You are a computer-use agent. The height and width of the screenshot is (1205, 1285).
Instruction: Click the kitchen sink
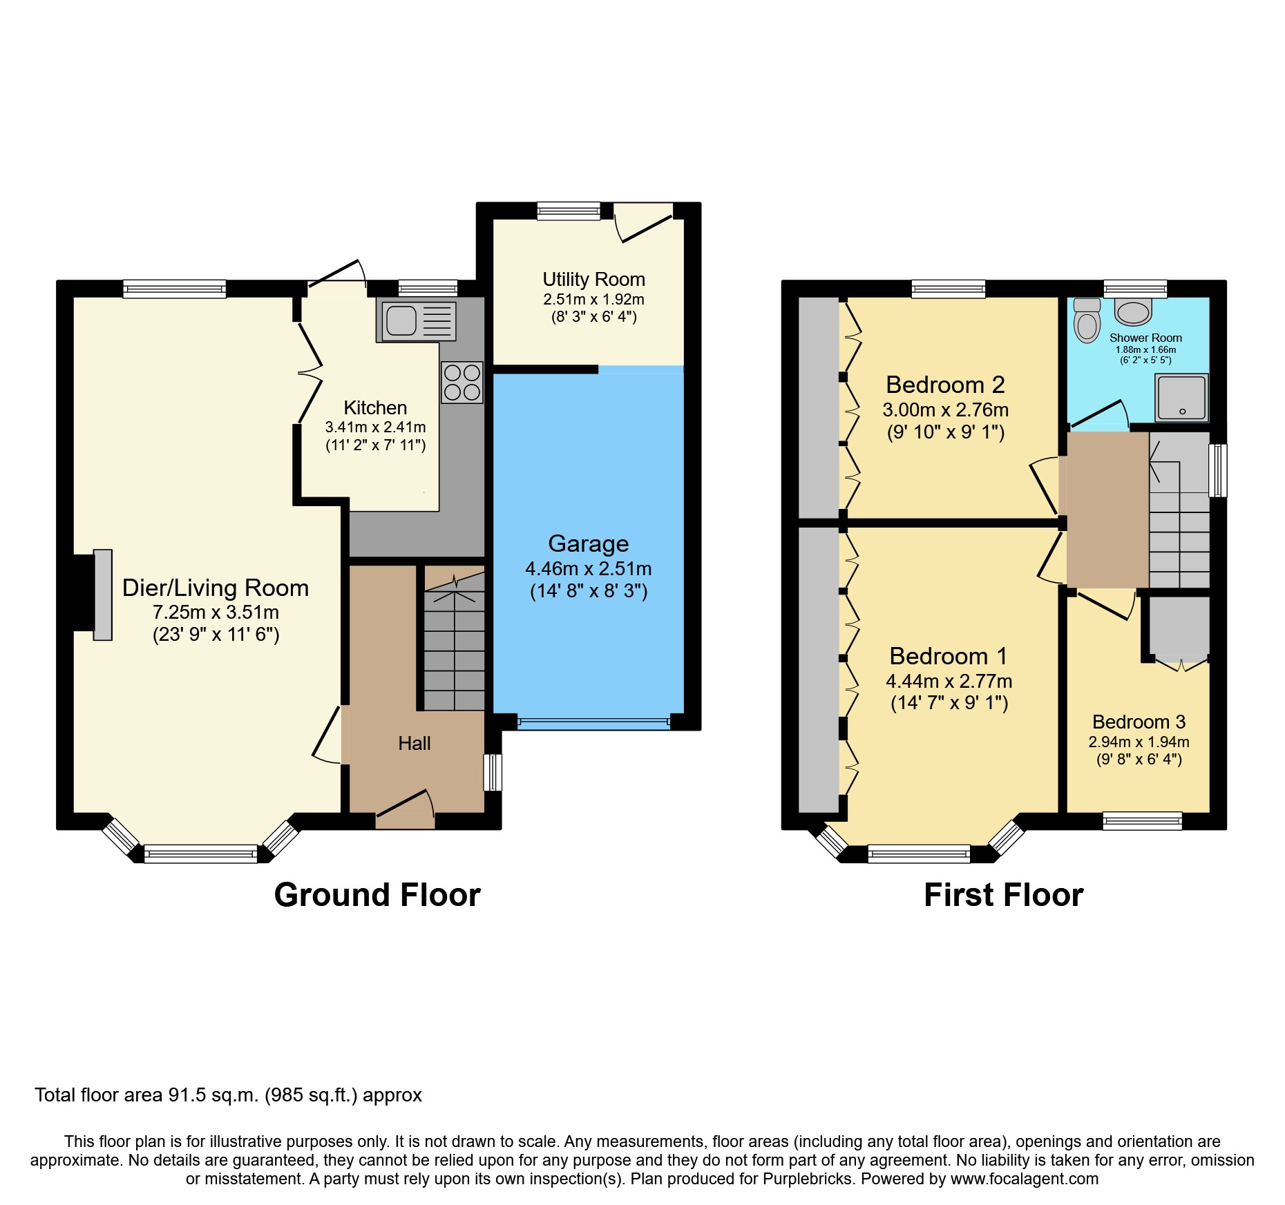coord(416,321)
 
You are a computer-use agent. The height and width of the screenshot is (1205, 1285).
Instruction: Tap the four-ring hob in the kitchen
coord(462,383)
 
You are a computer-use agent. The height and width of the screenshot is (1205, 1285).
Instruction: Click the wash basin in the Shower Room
coord(1133,312)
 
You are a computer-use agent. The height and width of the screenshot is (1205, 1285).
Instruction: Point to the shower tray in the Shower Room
coord(1182,397)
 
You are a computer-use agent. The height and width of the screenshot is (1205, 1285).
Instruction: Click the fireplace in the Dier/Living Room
coord(102,595)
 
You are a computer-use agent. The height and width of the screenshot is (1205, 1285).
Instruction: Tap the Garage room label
coord(588,543)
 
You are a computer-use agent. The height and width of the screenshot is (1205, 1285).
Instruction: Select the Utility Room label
coord(593,279)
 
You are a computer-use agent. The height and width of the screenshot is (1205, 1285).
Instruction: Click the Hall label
coord(414,743)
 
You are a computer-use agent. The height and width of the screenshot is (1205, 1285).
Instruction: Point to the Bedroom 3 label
coord(1139,722)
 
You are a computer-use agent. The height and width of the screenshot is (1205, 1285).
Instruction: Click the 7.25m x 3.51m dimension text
coord(216,612)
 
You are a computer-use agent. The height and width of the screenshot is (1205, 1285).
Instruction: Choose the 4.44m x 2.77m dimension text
coord(949,681)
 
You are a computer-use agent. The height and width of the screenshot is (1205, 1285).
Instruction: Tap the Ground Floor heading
coord(377,895)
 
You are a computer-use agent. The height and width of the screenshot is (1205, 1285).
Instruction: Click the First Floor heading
coord(1003,895)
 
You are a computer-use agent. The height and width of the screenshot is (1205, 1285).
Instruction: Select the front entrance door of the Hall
coord(405,808)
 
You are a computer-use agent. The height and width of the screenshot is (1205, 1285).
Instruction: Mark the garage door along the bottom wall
coord(593,723)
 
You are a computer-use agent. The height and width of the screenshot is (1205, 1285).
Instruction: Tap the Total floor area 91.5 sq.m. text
coord(228,1095)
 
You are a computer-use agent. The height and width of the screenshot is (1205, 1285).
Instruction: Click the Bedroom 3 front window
coord(1142,820)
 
